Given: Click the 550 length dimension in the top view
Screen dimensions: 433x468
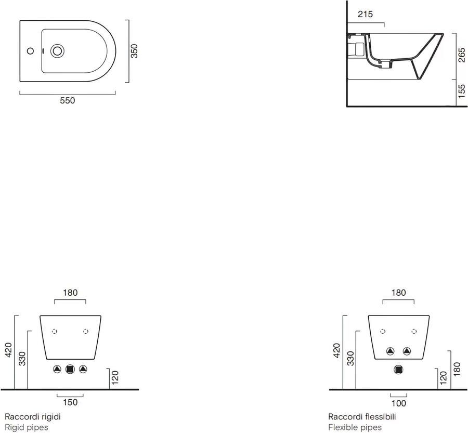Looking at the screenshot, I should [68, 101].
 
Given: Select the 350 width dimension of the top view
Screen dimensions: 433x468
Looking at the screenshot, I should [134, 51].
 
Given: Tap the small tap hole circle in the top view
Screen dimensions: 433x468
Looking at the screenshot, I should [30, 51].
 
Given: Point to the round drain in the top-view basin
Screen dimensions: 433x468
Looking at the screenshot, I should [57, 51].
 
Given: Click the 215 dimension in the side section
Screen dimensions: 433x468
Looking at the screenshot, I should [366, 15].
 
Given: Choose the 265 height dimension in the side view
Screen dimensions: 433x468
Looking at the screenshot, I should [461, 54].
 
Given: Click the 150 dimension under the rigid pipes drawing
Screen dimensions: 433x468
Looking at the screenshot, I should [70, 402].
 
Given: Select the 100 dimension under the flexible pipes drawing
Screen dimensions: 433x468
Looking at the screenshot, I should [398, 403].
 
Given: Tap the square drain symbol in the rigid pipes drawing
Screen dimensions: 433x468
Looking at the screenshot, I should [70, 369].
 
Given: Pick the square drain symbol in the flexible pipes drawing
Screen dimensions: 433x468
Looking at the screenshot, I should [399, 370].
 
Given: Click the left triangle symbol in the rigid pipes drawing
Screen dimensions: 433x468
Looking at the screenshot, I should [57, 369].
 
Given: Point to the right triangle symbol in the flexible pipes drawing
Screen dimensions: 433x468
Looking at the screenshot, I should [407, 351].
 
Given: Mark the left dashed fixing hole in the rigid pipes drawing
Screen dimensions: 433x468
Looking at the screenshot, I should [55, 331].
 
